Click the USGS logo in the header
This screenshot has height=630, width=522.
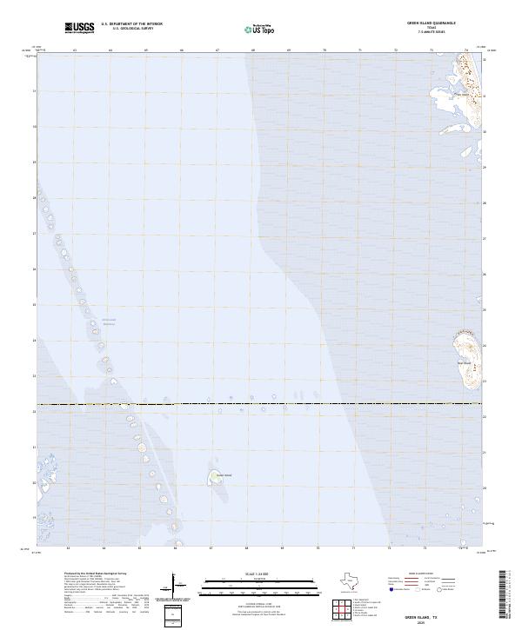[79, 28]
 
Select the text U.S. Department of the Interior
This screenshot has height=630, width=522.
[131, 24]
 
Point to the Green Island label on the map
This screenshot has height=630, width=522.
[224, 474]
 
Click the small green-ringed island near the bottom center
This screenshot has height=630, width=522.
[214, 476]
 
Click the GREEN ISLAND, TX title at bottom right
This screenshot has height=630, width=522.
[430, 612]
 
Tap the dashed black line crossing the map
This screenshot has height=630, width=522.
[261, 404]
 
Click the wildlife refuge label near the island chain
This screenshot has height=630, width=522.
[110, 321]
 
